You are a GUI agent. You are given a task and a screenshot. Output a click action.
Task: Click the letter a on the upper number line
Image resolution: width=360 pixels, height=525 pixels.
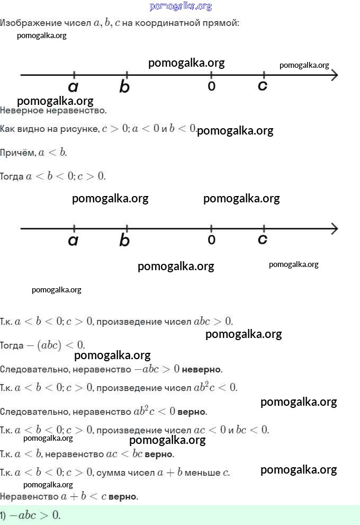pos(73,87)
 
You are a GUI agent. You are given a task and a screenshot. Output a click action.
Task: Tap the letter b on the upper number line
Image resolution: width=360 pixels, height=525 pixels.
pos(124,86)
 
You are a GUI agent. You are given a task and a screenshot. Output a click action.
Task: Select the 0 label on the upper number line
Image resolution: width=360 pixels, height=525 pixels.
pos(211,86)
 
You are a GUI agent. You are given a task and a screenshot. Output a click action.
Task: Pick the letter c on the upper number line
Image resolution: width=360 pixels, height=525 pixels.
pos(263,86)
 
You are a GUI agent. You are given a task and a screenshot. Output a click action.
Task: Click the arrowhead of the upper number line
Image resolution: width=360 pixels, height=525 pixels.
pos(335,75)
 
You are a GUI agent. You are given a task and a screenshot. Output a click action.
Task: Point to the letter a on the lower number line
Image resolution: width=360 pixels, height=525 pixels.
pos(73,241)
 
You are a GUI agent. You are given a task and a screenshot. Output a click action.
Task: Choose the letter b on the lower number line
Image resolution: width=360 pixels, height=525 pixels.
pos(124,240)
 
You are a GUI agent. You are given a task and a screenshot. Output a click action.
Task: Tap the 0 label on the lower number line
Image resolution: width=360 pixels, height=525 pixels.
pos(211,240)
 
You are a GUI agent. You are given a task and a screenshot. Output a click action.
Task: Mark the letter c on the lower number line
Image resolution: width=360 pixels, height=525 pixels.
pos(263,239)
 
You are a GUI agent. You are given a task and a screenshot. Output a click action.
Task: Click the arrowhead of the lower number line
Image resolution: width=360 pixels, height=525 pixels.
pos(335,229)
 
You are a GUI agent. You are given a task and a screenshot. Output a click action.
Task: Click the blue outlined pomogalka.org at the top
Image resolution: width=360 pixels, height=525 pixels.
pos(181,6)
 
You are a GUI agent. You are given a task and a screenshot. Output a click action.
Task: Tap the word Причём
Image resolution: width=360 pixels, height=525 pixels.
pos(18,153)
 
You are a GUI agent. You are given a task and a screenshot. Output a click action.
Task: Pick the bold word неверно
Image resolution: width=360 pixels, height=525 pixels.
pos(202,369)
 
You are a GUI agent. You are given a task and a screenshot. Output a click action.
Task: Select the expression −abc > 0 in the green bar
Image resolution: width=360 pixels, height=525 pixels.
pos(35,515)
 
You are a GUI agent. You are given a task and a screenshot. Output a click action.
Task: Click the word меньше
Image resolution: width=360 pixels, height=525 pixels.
pos(202,473)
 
